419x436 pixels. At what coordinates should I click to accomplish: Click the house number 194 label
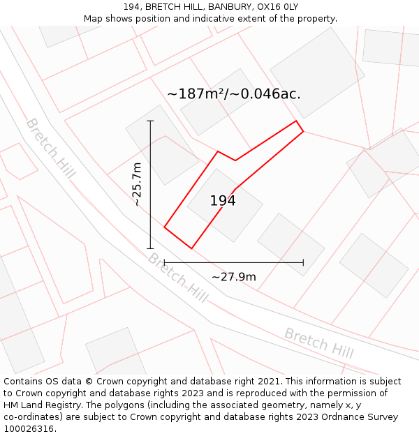[x=223, y=201]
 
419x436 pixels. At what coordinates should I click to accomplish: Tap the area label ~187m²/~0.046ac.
[x=234, y=93]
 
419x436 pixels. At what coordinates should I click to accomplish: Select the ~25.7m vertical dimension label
[x=137, y=184]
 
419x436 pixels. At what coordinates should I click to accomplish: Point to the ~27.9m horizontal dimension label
[x=234, y=277]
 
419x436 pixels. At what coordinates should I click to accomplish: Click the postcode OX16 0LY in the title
[x=277, y=6]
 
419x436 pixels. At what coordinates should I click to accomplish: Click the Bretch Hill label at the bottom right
[x=318, y=343]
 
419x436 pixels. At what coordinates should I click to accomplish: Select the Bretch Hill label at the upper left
[x=50, y=148]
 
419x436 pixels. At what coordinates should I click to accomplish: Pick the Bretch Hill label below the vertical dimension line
[x=177, y=278]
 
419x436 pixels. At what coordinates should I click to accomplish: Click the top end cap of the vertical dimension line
[x=150, y=121]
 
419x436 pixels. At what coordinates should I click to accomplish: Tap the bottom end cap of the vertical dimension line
[x=150, y=248]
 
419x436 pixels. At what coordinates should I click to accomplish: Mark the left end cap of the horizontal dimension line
[x=164, y=262]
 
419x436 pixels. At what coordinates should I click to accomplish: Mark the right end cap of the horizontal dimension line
[x=303, y=262]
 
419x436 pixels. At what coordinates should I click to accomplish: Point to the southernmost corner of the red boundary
[x=191, y=248]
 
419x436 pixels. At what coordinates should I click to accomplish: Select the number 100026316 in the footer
[x=28, y=429]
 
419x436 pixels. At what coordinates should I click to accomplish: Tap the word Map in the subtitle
[x=94, y=19]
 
